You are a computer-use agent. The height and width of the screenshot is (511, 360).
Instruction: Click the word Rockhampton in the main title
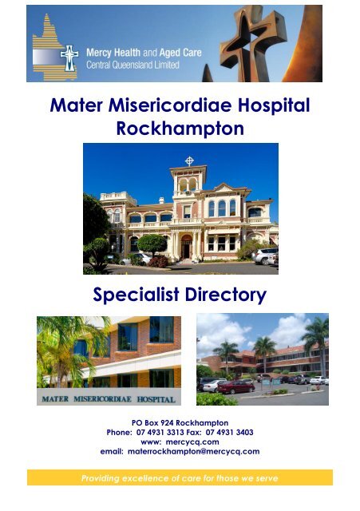(x=180, y=129)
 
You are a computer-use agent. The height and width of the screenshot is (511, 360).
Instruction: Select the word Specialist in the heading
(x=136, y=295)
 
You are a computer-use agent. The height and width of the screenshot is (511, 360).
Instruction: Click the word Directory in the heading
(x=226, y=295)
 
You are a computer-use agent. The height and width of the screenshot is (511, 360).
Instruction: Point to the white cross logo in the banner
(x=69, y=58)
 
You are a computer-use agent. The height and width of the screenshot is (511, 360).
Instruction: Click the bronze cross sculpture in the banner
(x=252, y=42)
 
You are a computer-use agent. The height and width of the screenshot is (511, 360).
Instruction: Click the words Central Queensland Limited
(x=133, y=65)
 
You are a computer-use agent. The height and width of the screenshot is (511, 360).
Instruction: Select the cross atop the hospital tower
(x=189, y=160)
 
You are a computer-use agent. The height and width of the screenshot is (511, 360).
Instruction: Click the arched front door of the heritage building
(x=187, y=247)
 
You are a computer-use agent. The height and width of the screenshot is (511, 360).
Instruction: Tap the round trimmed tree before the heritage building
(x=152, y=244)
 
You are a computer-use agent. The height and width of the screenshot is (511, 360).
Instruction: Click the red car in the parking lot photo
(x=235, y=386)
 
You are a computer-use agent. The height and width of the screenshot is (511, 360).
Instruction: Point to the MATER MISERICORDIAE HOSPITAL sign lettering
(x=109, y=399)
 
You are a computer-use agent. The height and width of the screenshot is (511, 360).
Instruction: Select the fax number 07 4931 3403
(x=229, y=433)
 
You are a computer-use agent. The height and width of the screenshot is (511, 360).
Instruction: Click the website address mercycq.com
(x=192, y=442)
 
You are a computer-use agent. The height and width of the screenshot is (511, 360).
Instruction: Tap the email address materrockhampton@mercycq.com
(x=193, y=452)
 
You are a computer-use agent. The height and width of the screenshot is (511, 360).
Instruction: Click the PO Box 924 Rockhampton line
(x=180, y=423)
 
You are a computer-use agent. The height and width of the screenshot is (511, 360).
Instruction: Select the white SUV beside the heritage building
(x=266, y=255)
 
